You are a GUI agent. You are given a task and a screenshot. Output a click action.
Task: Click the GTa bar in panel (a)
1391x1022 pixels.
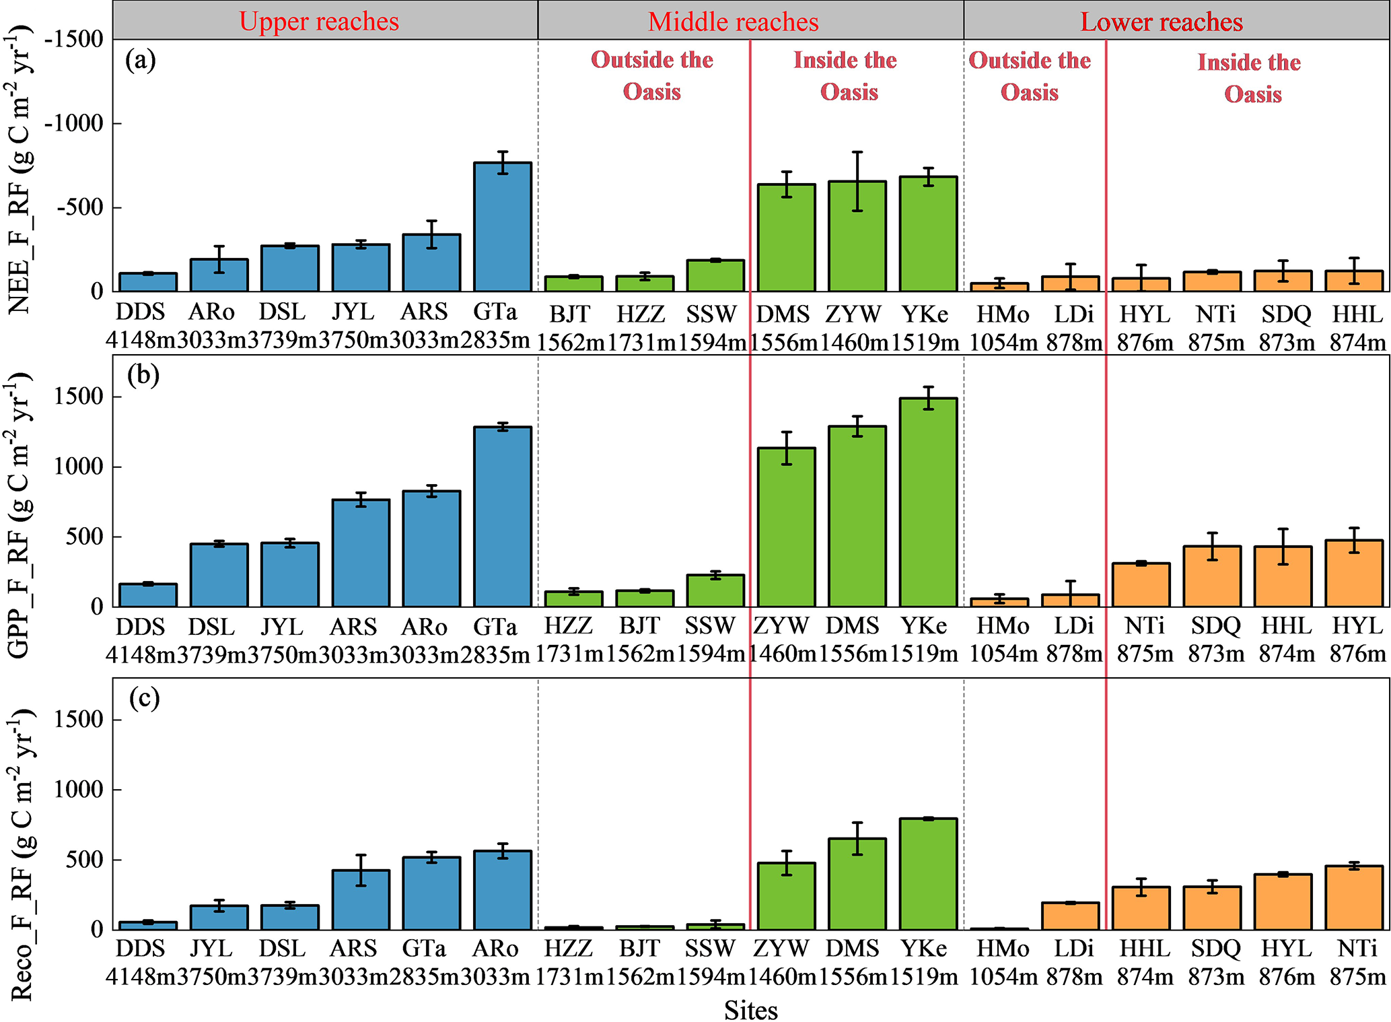(502, 227)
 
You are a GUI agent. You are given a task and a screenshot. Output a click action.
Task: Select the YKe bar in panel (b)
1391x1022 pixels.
(928, 502)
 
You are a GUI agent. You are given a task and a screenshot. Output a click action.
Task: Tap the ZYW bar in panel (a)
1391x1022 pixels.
(857, 236)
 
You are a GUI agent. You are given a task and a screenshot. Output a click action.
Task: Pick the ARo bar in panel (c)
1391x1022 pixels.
(502, 890)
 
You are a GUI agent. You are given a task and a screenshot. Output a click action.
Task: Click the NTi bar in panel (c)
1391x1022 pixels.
(1353, 897)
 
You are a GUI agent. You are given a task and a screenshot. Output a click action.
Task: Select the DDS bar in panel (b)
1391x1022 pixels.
(148, 595)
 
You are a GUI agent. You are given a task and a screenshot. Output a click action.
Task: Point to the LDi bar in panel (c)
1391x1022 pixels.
(1070, 916)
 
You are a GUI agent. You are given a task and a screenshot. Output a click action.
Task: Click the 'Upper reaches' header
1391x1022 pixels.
(319, 21)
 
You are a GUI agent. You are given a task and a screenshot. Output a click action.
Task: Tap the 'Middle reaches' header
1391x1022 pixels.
(733, 22)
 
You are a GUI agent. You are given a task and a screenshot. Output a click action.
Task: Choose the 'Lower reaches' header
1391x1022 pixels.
(1161, 22)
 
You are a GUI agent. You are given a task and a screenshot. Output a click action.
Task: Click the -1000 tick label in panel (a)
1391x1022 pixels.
(73, 123)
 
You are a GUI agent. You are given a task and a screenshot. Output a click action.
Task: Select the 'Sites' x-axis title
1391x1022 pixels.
(750, 1010)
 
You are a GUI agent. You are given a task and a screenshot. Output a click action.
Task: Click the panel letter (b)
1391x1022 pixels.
(143, 375)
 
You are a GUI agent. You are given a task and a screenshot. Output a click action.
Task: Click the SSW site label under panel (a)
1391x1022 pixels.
(712, 314)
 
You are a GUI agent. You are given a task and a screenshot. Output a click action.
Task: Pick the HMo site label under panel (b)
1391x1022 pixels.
(1003, 625)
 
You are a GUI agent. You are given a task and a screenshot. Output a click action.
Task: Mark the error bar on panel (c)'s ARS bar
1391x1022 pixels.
(361, 870)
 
